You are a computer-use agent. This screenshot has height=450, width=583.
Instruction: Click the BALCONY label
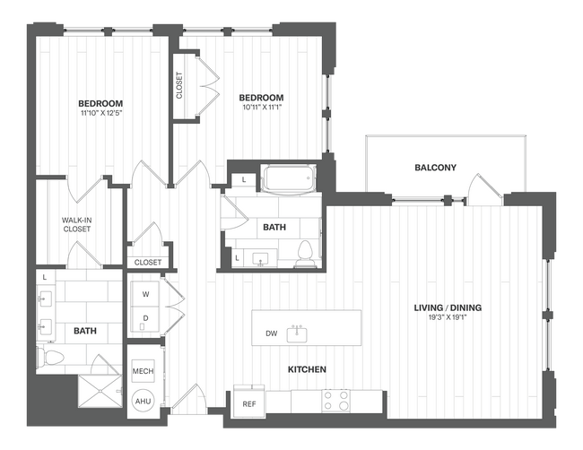pos(435,168)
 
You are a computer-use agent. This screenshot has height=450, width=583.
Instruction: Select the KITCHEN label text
pos(306,369)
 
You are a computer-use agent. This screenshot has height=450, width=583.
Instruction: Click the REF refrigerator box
pos(249,404)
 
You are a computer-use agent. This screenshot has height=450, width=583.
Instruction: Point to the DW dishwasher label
pos(271,334)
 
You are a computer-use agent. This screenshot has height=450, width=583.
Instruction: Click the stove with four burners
pos(336,400)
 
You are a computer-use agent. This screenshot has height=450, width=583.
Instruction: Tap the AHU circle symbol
pos(143,401)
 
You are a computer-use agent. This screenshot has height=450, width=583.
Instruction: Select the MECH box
pos(143,371)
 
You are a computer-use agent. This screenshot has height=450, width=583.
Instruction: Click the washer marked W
pos(145,293)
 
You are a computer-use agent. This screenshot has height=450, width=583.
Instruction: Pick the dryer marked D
pos(145,318)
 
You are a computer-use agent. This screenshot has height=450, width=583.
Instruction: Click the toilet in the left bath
pos(53,359)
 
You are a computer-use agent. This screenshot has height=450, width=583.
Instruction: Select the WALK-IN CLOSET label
pos(76,223)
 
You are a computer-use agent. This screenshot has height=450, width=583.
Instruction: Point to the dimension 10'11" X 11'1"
pos(261,108)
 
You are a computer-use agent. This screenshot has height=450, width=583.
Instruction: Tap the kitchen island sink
pos(299,333)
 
